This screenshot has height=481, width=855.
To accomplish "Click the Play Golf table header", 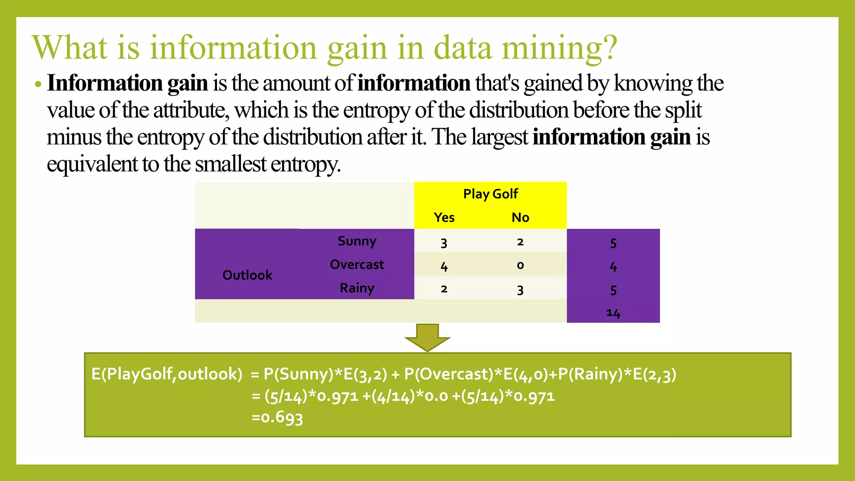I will (491, 194).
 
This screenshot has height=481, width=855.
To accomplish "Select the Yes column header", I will (444, 218).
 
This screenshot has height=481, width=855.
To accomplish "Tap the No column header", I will (520, 218).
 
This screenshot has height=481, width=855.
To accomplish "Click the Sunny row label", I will (357, 241).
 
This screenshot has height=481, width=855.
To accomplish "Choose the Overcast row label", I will (357, 265).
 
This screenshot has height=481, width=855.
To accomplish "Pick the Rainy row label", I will (357, 288).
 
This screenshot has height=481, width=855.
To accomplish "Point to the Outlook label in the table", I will (247, 275).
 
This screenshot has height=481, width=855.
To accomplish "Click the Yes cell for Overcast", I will (444, 266).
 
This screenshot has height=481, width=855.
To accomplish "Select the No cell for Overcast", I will (520, 265).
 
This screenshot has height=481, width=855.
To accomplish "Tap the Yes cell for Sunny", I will (444, 243).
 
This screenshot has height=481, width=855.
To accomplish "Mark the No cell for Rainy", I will (520, 290).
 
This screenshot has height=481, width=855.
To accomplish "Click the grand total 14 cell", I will (613, 313).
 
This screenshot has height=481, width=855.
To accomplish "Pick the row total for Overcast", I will (613, 266).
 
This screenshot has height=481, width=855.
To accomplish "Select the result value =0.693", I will (277, 417).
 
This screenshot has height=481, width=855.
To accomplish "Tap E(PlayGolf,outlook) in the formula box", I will (167, 374).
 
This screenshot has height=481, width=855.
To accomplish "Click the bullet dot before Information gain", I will (38, 84).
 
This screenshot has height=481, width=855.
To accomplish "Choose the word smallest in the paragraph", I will (230, 164).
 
